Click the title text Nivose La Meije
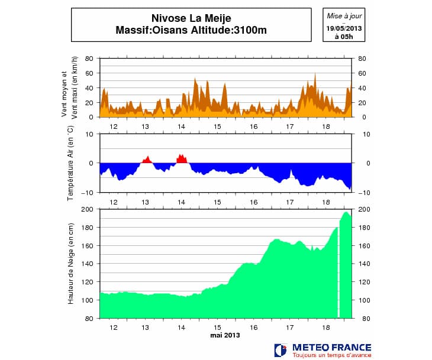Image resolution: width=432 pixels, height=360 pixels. click(x=191, y=18)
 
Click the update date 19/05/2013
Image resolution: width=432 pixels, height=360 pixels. click(x=344, y=28)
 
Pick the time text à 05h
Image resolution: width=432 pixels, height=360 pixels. click(x=344, y=36)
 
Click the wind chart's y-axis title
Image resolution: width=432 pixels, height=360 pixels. click(x=70, y=87)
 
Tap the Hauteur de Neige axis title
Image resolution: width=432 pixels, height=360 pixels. click(x=70, y=264)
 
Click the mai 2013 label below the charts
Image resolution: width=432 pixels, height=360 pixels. click(x=225, y=335)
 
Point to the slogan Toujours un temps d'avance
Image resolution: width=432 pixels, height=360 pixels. click(x=331, y=355)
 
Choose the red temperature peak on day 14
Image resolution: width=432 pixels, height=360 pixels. click(x=182, y=158)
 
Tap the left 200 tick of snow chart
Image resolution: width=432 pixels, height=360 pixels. click(x=88, y=209)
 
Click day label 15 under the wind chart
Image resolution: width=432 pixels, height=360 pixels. click(x=217, y=127)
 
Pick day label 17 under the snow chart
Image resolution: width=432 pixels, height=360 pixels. click(x=290, y=327)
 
